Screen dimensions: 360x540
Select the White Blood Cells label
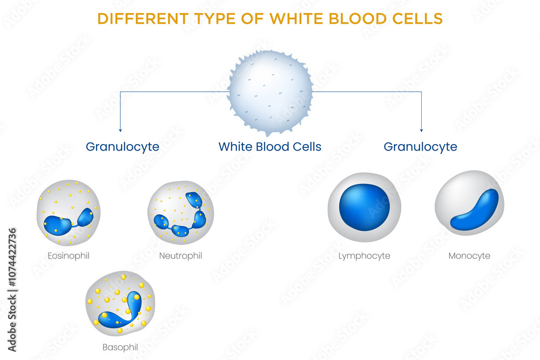[270, 147]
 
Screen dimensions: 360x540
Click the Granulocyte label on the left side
[123, 147]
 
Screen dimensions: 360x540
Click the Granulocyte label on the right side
[420, 147]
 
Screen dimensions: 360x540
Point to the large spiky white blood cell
[270, 91]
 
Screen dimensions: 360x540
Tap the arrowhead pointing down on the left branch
[120, 130]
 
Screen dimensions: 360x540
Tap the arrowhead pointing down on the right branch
[421, 130]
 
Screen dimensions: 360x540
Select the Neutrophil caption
[180, 256]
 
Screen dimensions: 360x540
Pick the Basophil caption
[119, 347]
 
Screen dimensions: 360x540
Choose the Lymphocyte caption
[364, 256]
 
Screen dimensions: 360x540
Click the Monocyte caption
[469, 256]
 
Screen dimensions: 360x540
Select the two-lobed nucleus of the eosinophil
[58, 225]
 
